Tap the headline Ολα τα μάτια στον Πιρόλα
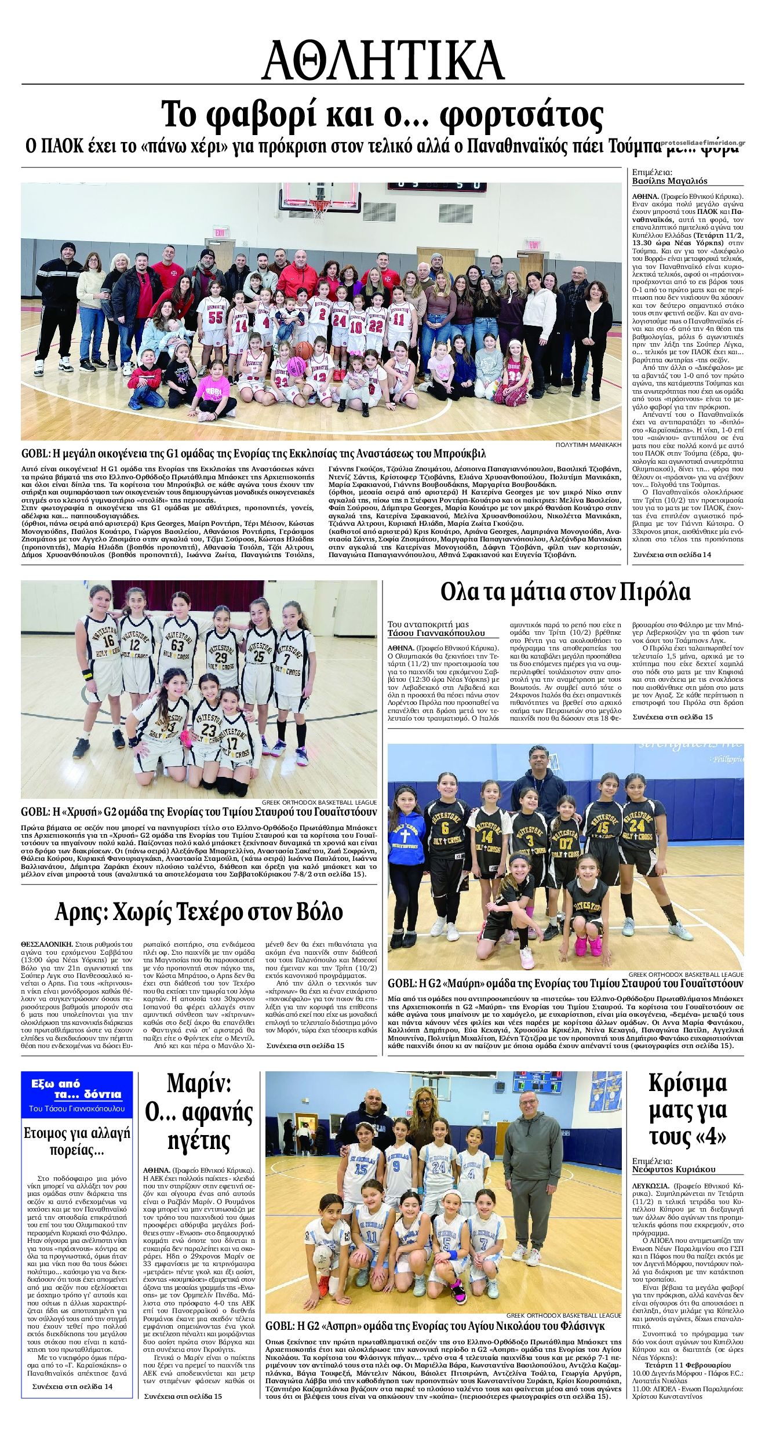[565, 593]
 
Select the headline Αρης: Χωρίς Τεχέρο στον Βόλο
[199, 911]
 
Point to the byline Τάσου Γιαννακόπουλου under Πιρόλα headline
[436, 632]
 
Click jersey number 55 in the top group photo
[216, 318]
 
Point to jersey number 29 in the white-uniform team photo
[220, 659]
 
